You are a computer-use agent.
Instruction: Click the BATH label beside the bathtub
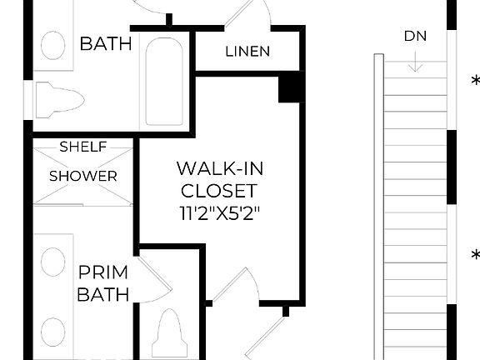(106, 43)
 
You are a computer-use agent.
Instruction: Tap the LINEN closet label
(247, 52)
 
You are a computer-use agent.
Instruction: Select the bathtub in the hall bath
(165, 80)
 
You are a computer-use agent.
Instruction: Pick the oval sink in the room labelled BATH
(53, 45)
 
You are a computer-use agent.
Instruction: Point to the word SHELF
(82, 147)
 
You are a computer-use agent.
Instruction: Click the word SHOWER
(82, 176)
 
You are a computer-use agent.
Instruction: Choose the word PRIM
(103, 272)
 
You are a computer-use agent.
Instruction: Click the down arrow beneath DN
(416, 62)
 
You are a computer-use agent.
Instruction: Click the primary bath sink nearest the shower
(52, 262)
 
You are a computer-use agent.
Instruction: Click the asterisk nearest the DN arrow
(475, 81)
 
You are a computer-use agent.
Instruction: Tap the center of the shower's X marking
(82, 172)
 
